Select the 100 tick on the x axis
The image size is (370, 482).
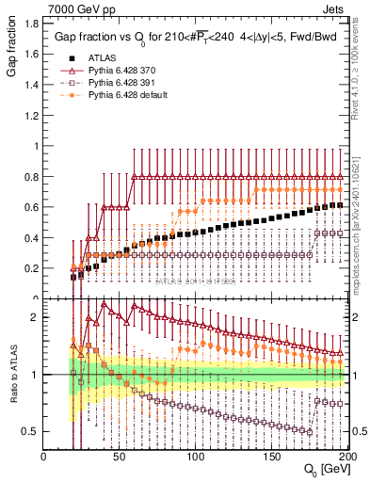tap(196, 457)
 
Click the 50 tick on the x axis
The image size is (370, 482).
tap(120, 457)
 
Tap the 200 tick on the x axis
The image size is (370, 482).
tap(346, 457)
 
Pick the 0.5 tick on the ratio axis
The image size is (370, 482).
tap(33, 431)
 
